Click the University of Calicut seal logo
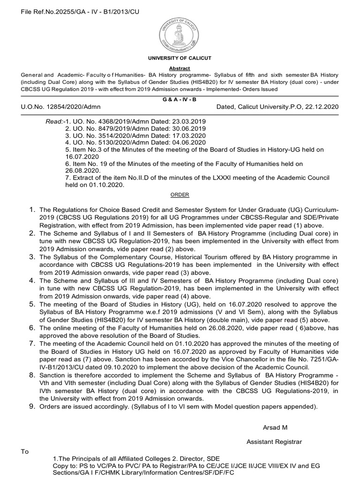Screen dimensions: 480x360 pos(180,32)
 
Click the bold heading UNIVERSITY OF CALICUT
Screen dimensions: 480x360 pos(180,58)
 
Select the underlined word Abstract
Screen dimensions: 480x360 pos(180,68)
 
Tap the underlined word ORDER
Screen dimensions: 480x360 pos(180,195)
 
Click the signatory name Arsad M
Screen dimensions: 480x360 pos(275,427)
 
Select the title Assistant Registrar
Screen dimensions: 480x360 pos(274,442)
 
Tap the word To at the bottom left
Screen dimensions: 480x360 pos(25,451)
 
